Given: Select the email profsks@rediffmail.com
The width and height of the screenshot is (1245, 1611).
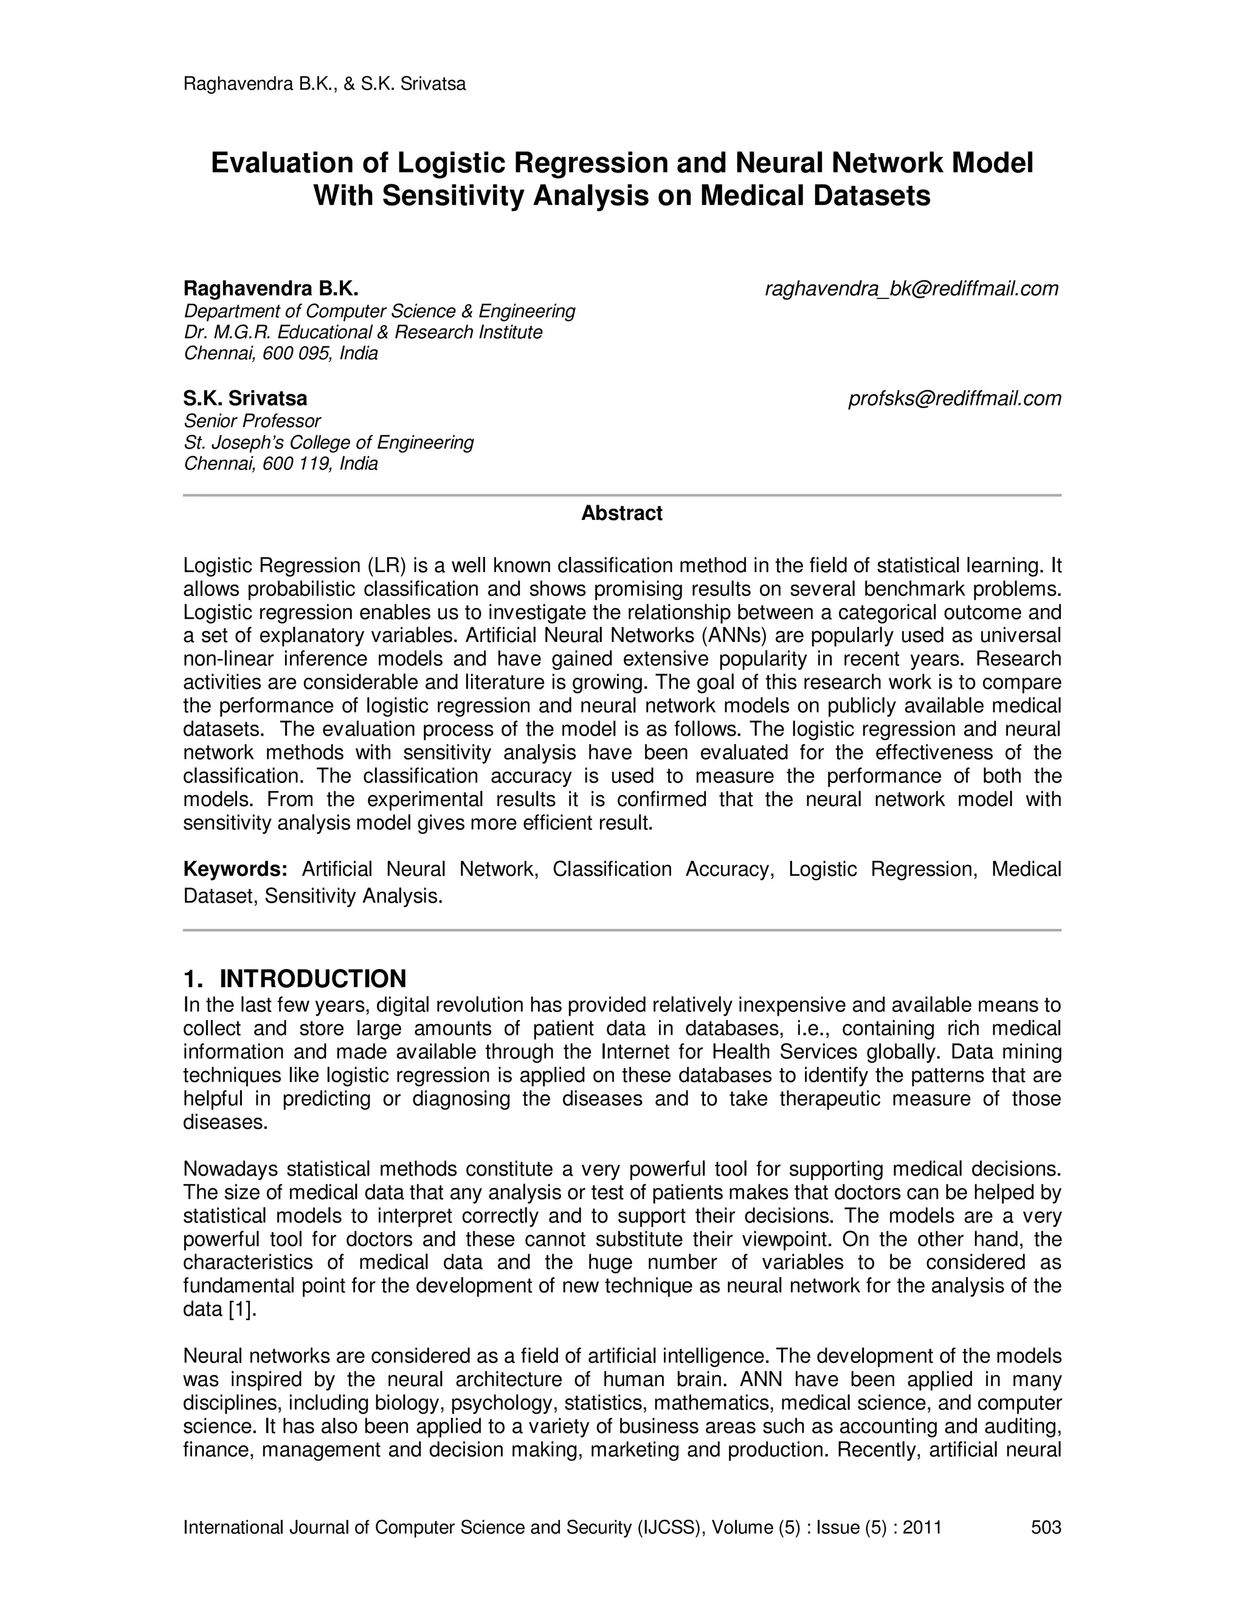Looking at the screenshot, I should [x=954, y=398].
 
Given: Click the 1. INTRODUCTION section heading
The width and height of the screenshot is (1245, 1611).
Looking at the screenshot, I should [x=294, y=978].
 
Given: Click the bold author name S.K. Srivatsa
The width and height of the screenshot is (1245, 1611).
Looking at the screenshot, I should [x=245, y=398].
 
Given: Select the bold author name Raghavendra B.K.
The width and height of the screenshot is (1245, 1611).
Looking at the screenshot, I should [x=271, y=288].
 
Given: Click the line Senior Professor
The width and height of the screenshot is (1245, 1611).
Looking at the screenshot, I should [x=252, y=421].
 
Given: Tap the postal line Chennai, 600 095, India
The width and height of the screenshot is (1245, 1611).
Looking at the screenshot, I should [x=280, y=353].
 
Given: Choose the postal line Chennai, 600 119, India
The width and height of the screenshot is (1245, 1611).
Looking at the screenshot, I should [x=280, y=463].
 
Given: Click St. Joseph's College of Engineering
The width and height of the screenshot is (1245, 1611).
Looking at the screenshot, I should [x=328, y=442].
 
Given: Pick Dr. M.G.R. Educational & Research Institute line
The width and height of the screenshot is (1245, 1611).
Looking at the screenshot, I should [x=363, y=332].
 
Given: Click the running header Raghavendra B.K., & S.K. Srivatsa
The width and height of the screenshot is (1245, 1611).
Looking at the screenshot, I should [x=324, y=84].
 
